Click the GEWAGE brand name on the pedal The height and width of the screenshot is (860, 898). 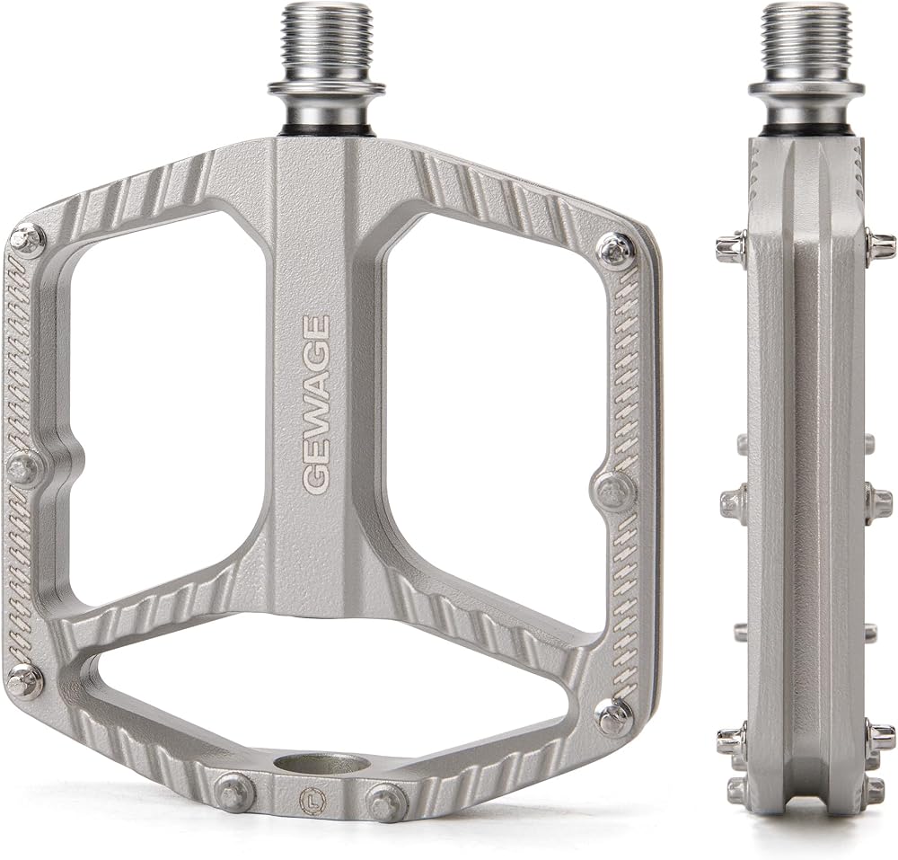[x=315, y=403]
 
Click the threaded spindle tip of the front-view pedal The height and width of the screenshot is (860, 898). [x=326, y=43]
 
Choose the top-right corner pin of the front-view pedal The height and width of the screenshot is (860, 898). [x=614, y=248]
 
